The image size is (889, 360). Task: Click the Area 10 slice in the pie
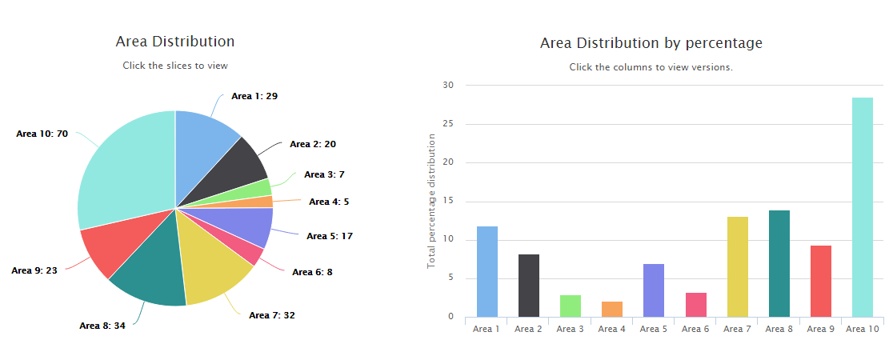[x=124, y=168]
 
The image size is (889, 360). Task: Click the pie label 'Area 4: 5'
[x=329, y=202]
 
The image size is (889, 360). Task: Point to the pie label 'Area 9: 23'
[x=34, y=270]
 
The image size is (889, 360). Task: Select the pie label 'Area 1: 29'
[x=254, y=96]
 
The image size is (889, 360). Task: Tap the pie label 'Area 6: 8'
[x=312, y=272]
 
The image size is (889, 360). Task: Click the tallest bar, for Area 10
[x=862, y=207]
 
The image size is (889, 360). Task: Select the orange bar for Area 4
[x=612, y=309]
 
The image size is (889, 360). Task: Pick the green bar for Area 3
[x=571, y=306]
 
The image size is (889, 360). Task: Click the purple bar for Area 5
[x=654, y=290]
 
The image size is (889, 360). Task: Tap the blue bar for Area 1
[x=487, y=271]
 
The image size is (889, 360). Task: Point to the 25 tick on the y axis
[x=447, y=124]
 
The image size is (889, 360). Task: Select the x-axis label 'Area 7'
[x=737, y=329]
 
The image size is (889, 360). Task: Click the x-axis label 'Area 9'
[x=820, y=329]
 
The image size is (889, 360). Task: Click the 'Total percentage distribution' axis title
[x=431, y=201]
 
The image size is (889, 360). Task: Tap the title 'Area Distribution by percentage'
[x=651, y=42]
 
